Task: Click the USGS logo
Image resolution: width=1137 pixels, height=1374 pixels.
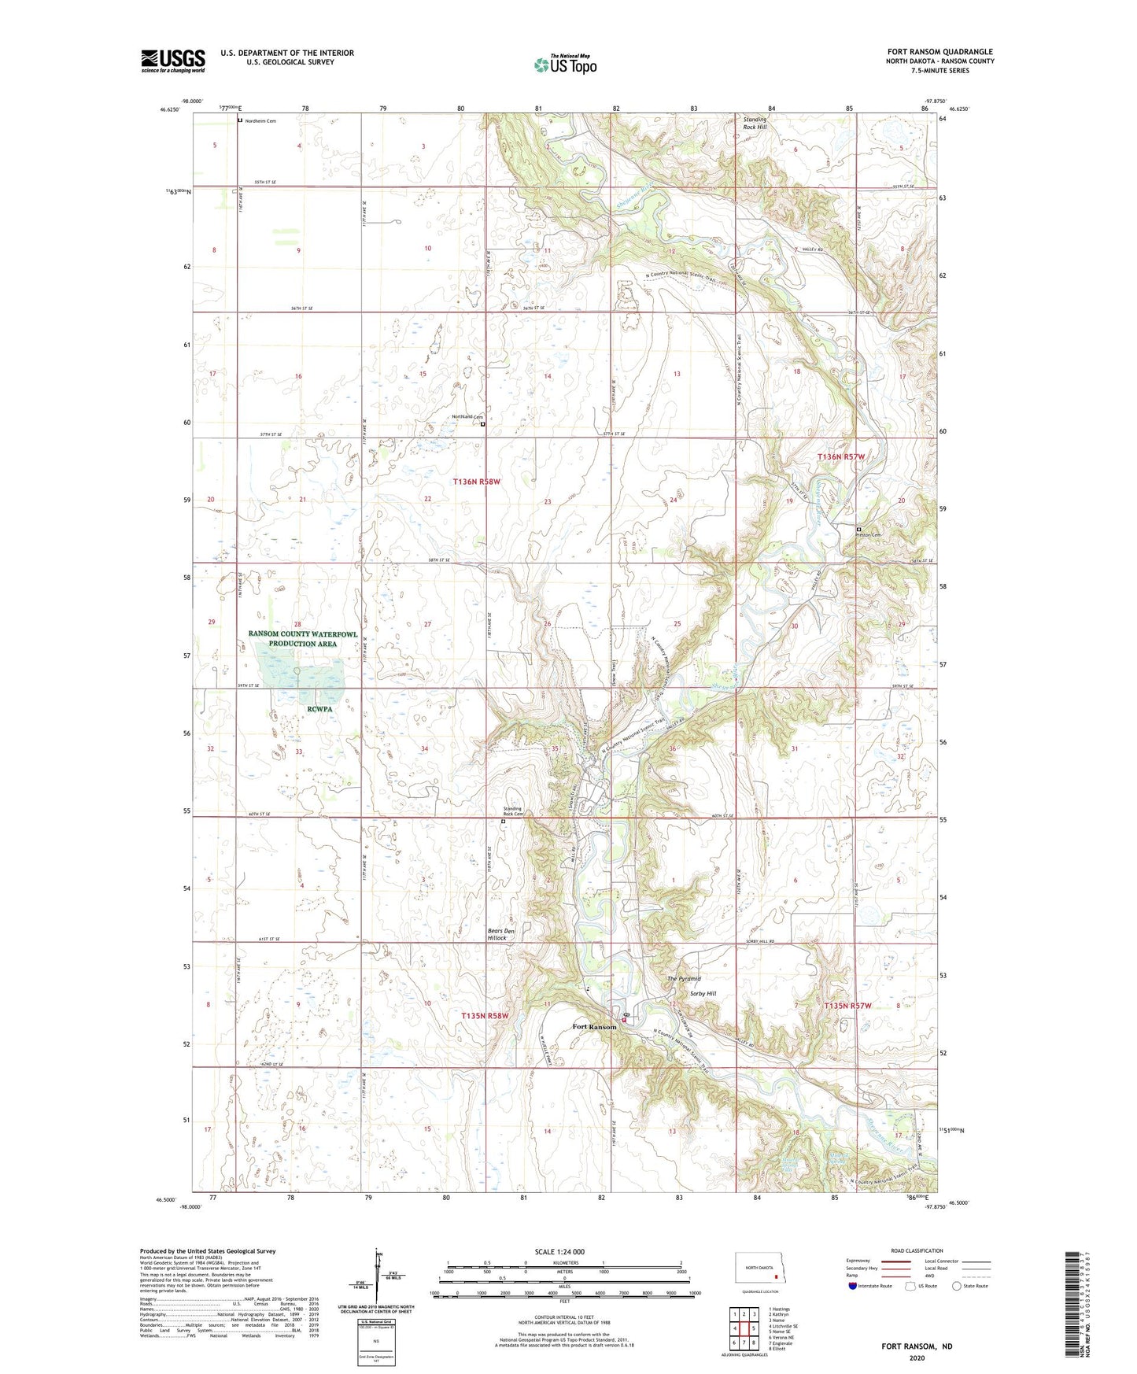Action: [173, 60]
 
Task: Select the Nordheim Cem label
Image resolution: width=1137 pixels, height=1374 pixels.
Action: [260, 121]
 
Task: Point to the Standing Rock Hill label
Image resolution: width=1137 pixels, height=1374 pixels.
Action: [755, 123]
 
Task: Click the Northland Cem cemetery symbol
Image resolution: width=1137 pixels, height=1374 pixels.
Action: [483, 424]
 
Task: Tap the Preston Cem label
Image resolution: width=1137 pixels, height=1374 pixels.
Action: [869, 535]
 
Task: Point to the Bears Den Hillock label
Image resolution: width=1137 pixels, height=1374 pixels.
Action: [500, 934]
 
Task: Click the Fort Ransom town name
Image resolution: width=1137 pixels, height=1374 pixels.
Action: [594, 1027]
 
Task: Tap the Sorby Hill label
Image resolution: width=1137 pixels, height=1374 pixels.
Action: [703, 994]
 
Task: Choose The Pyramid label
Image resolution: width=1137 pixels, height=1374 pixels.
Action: [684, 978]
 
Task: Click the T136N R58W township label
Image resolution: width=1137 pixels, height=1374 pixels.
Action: [476, 481]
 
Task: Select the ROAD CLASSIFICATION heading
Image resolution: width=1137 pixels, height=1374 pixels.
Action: [917, 1250]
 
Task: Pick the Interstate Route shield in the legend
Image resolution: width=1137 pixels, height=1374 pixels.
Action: [853, 1286]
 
